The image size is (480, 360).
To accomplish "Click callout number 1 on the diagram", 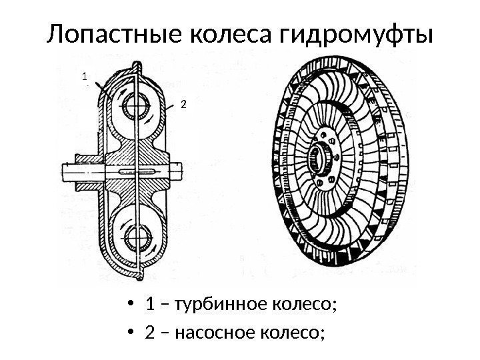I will click(85, 77).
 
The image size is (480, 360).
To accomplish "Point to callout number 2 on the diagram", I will click(184, 104).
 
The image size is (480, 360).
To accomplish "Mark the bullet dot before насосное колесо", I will click(136, 331).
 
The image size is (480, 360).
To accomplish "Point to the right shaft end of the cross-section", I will click(195, 172).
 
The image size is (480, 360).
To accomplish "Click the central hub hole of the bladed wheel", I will click(321, 160).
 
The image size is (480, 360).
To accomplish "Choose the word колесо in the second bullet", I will click(291, 331).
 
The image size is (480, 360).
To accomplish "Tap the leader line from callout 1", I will click(97, 87).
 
